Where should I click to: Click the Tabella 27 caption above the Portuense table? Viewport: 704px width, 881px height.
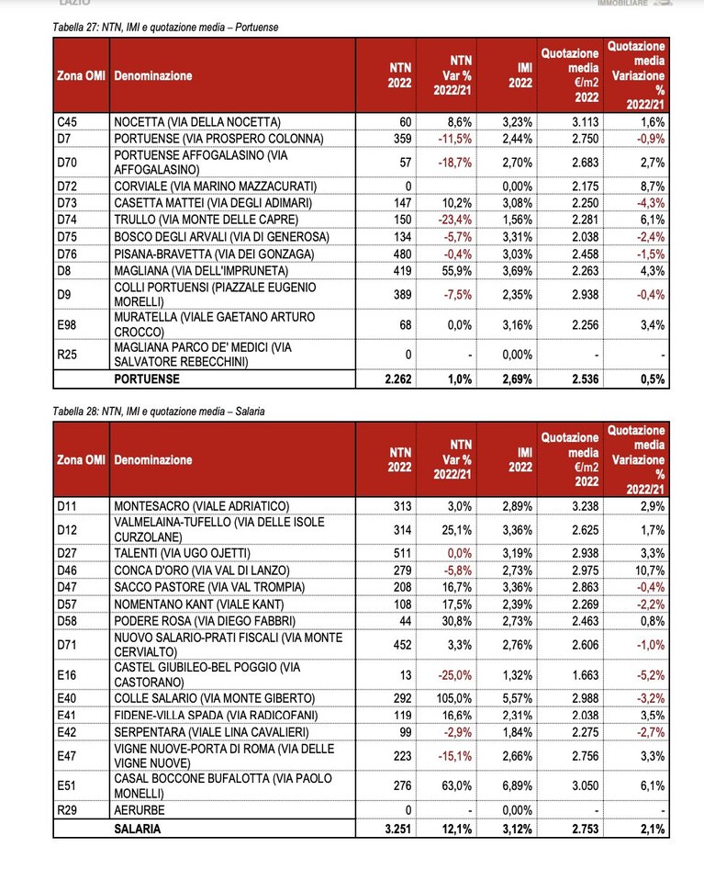[x=165, y=27]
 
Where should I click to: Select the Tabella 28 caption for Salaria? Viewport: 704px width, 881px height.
[x=159, y=412]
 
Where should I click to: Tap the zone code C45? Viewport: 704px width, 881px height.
[x=67, y=122]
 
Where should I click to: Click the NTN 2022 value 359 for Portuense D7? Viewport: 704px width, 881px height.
[x=402, y=139]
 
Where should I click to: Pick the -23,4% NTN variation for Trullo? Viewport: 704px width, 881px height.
[x=454, y=220]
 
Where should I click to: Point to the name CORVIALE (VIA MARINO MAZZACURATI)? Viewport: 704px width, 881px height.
[x=215, y=186]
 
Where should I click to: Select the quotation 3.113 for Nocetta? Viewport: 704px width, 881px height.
[x=586, y=122]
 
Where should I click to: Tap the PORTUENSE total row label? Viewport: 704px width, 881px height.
[x=147, y=379]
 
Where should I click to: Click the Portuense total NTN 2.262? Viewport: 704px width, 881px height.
[x=398, y=379]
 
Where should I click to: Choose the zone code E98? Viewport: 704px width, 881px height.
[x=67, y=325]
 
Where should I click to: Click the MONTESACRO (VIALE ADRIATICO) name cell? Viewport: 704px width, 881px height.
[x=202, y=506]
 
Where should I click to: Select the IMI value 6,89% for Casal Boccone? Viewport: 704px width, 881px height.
[x=517, y=785]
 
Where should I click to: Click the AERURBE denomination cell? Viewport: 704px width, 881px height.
[x=140, y=810]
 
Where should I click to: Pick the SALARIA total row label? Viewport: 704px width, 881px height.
[x=137, y=829]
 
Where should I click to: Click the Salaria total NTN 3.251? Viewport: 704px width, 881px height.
[x=398, y=829]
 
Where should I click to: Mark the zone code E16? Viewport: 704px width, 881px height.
[x=67, y=675]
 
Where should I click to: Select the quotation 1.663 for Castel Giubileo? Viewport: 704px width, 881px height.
[x=586, y=675]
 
